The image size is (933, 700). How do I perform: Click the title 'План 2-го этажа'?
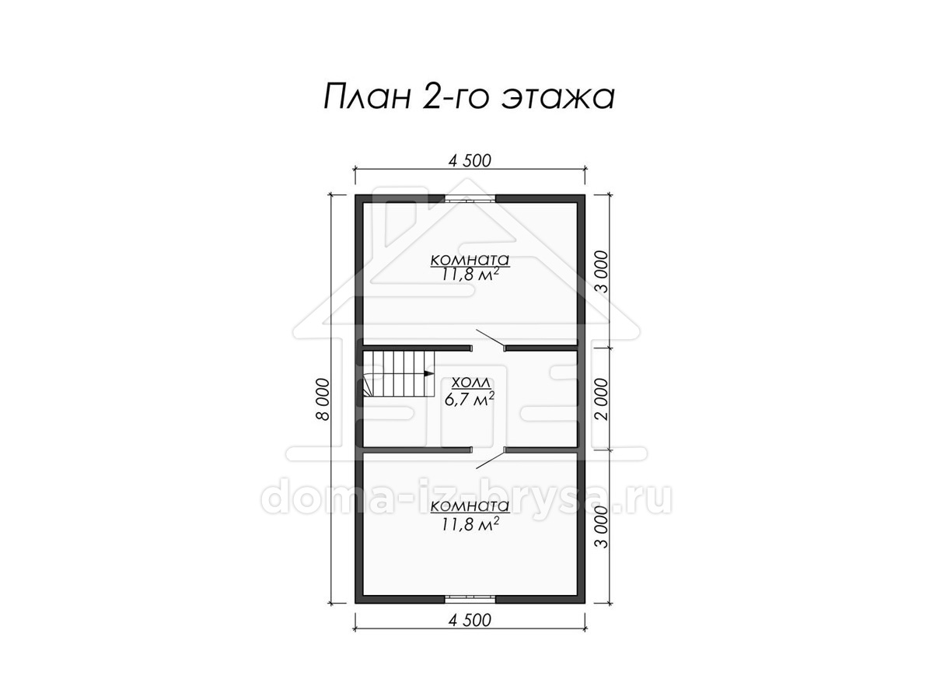coord(469,97)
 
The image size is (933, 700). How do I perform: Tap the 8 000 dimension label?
coord(323,399)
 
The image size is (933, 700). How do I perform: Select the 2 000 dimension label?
coord(603,399)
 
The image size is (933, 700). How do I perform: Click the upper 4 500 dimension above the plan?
coord(470,161)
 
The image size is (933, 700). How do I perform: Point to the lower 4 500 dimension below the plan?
coord(470,621)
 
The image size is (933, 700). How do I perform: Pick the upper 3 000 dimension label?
coord(603,271)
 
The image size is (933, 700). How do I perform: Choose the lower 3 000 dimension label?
coord(603,527)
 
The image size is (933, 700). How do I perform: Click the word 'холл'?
coord(470,383)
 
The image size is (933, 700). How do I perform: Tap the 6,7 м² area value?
coord(470,399)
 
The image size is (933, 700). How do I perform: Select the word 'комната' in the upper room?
coord(470,259)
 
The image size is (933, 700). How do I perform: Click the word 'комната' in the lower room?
coord(470,506)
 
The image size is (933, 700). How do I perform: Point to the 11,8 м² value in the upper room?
coord(470,275)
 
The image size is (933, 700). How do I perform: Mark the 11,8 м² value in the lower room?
coord(470,524)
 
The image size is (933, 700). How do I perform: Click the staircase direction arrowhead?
coord(429,373)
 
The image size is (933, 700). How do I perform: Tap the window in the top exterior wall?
coord(470,199)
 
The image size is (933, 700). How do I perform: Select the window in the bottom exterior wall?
coord(470,599)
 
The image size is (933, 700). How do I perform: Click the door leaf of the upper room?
coord(490,338)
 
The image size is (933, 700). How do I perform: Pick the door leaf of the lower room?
coord(490,459)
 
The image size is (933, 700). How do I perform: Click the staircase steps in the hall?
coord(398,373)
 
